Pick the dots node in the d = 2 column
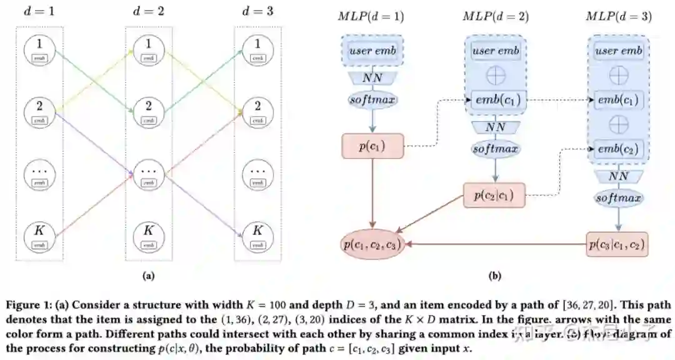(x=148, y=174)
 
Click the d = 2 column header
(x=148, y=11)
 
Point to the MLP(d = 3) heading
(x=618, y=16)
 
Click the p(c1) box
(x=372, y=146)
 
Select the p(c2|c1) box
(x=494, y=196)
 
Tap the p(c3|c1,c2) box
(x=617, y=243)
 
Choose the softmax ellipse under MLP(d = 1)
(x=372, y=99)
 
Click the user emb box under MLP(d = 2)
(x=496, y=51)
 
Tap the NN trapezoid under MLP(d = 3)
(x=618, y=176)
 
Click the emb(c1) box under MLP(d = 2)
(x=496, y=100)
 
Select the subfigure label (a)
(x=149, y=275)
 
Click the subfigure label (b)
(x=495, y=275)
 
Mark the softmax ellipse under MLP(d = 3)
(x=618, y=199)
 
